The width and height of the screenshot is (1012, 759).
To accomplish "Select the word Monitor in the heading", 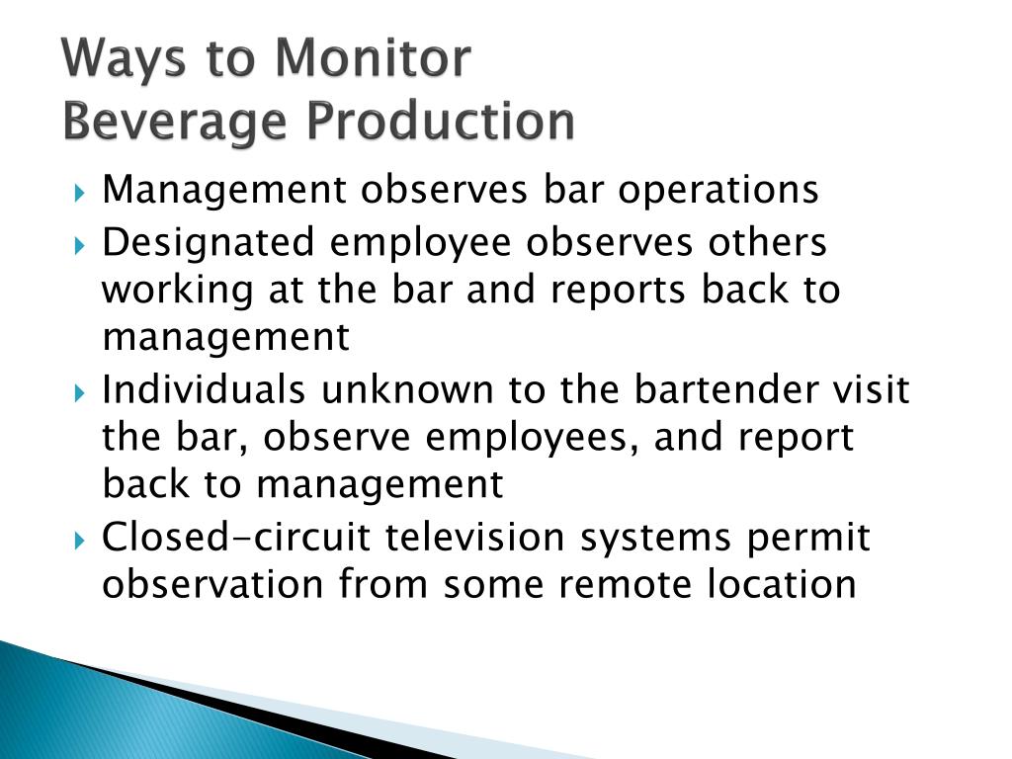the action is click(x=373, y=57).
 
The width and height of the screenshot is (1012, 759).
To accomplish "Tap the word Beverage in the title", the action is click(x=174, y=123).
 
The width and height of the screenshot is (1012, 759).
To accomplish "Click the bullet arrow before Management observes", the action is click(x=79, y=193).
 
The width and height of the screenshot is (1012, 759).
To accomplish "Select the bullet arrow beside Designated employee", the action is click(x=79, y=245).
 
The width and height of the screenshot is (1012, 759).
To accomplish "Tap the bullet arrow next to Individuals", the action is click(x=79, y=392).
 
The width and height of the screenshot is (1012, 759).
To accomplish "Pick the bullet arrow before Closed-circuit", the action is click(x=79, y=540).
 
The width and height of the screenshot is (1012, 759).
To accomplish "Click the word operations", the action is click(x=718, y=191).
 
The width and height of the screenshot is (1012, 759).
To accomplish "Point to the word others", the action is click(x=767, y=242).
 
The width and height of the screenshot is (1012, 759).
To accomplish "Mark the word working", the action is click(x=178, y=292).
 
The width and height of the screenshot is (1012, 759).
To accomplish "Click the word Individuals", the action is click(x=204, y=389).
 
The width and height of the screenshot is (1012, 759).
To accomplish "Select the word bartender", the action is click(x=725, y=389).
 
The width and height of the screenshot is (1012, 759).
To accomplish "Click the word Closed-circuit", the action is click(x=236, y=537).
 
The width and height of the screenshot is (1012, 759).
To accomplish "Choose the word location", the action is click(x=782, y=583).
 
